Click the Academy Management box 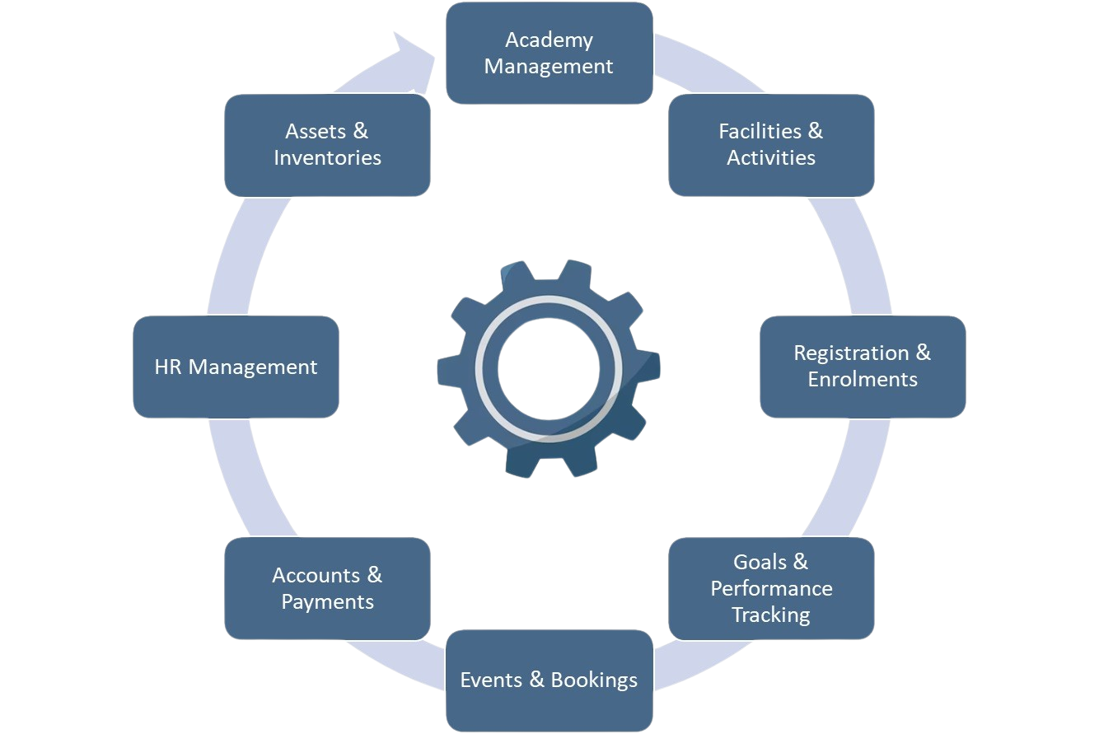click(549, 53)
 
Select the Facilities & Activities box click(771, 144)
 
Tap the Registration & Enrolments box click(862, 366)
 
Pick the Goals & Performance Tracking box click(771, 588)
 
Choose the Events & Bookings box click(549, 680)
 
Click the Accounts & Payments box click(327, 588)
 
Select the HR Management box click(236, 367)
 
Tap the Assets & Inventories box click(327, 144)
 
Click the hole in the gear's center click(548, 367)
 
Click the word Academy click(549, 40)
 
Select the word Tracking click(771, 615)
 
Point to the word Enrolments click(862, 379)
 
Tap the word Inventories click(327, 157)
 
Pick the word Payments click(327, 601)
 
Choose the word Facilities click(759, 131)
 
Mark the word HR click(168, 367)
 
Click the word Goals click(760, 562)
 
